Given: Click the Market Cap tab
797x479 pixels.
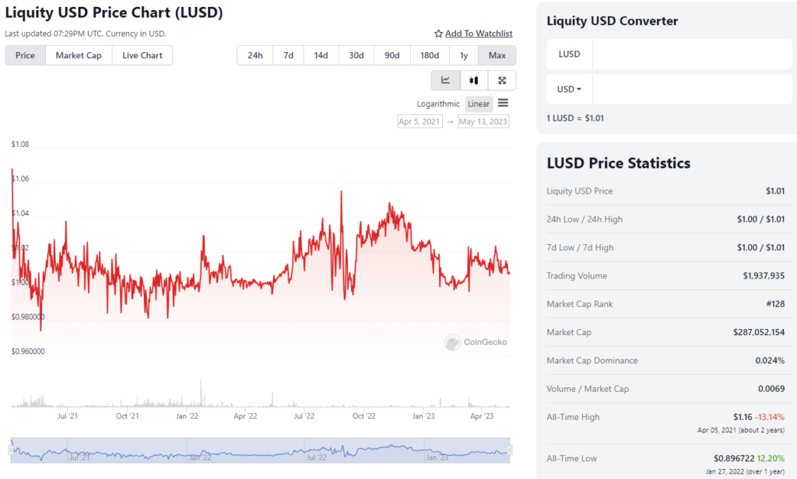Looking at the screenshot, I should click(x=79, y=55).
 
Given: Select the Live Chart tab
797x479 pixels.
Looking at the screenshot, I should click(x=142, y=55).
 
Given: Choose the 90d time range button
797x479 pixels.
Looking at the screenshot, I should click(x=391, y=55).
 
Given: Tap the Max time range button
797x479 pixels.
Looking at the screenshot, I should click(x=497, y=55).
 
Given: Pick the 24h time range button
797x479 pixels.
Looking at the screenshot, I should click(x=255, y=55).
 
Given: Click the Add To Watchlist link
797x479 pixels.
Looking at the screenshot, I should click(x=478, y=33).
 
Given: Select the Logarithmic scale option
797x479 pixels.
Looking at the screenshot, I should click(x=438, y=103).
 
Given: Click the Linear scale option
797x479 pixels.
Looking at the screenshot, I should click(x=479, y=103).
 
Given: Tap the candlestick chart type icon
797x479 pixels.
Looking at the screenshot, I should click(x=473, y=80).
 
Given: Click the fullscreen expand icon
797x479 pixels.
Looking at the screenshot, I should click(x=502, y=80).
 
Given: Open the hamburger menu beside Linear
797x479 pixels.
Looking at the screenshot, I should click(x=503, y=103).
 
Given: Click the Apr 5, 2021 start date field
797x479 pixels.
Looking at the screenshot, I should click(x=420, y=121).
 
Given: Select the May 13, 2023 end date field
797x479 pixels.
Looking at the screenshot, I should click(x=483, y=121).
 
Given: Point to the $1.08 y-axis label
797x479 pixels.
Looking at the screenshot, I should click(x=20, y=145).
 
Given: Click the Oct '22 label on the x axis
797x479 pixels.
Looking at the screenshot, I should click(x=363, y=417).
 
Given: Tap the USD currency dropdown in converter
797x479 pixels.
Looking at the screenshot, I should click(x=569, y=89).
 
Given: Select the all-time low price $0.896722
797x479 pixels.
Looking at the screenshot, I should click(x=739, y=459).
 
